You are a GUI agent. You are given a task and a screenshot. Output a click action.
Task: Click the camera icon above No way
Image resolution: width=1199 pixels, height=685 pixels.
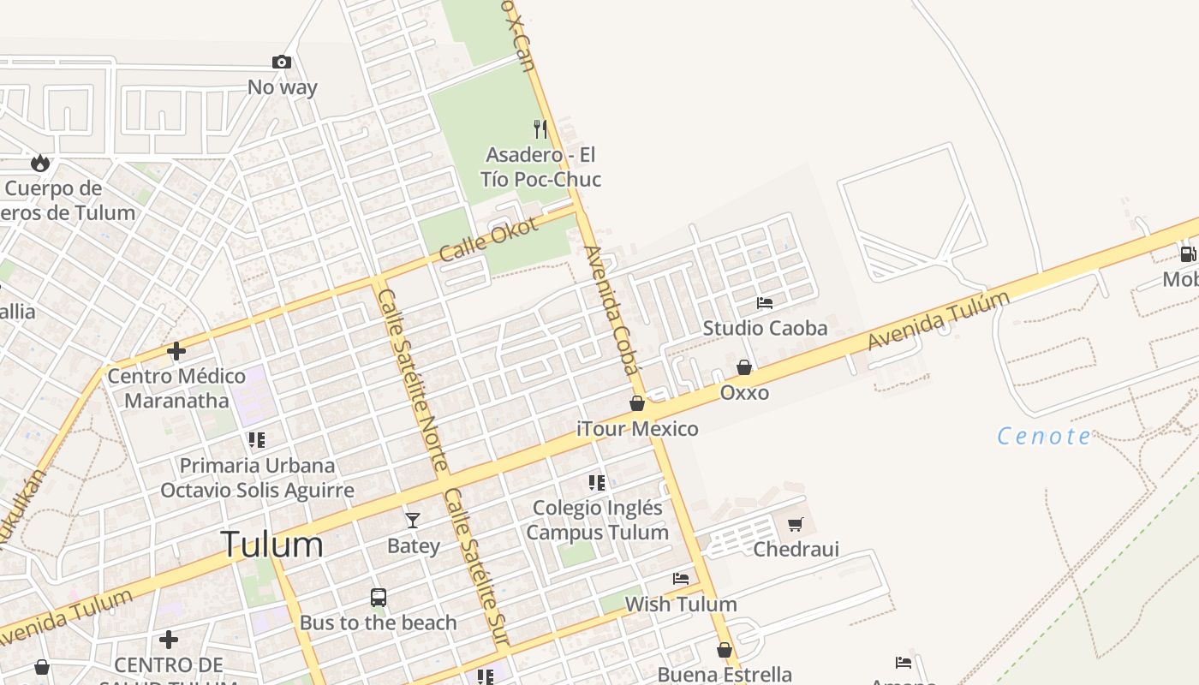pos(281,63)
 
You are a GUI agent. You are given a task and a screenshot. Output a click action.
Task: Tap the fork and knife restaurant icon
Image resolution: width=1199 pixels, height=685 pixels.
pos(540,129)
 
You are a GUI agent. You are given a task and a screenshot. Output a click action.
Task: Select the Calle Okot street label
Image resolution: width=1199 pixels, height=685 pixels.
pos(488,239)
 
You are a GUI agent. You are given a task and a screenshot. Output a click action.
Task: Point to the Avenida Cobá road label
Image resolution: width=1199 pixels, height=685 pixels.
pos(611,310)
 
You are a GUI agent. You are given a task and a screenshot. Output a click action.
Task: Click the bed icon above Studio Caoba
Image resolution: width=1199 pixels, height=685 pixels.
pos(765,303)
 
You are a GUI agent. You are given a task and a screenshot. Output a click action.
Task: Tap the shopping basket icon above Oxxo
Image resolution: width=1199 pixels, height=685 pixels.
pos(744,367)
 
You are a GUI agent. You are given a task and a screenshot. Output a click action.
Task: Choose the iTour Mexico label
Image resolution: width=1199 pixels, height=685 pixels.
pos(637,429)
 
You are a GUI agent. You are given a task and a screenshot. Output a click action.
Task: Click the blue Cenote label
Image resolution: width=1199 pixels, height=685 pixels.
pos(1044,437)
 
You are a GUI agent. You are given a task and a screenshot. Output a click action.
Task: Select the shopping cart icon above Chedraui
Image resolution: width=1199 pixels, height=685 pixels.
pos(796,524)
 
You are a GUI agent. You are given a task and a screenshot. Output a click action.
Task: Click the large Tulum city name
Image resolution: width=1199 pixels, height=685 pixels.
pos(272,545)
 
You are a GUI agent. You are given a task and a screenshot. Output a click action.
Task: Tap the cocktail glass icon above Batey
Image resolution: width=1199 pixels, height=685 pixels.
pos(413,520)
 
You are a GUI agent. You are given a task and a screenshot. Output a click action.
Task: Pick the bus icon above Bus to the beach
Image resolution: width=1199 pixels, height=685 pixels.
pos(379,597)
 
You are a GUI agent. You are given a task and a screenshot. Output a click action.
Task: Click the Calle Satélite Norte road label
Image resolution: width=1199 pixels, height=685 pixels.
pos(412,379)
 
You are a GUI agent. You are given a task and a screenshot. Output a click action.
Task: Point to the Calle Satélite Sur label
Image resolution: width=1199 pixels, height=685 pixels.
pos(476,567)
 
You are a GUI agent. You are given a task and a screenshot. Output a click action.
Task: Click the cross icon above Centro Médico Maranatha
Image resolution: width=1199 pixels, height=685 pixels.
pos(176,351)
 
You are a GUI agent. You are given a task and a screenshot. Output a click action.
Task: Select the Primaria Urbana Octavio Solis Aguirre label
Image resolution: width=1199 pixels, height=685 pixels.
pos(257,478)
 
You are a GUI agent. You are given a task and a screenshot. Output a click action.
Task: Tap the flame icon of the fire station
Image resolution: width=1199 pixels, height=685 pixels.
pos(39,163)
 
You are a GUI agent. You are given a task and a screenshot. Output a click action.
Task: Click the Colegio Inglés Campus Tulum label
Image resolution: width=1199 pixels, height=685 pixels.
pos(597,520)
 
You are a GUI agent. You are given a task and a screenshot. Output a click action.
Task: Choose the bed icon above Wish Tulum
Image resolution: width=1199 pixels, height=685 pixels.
pos(681,579)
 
